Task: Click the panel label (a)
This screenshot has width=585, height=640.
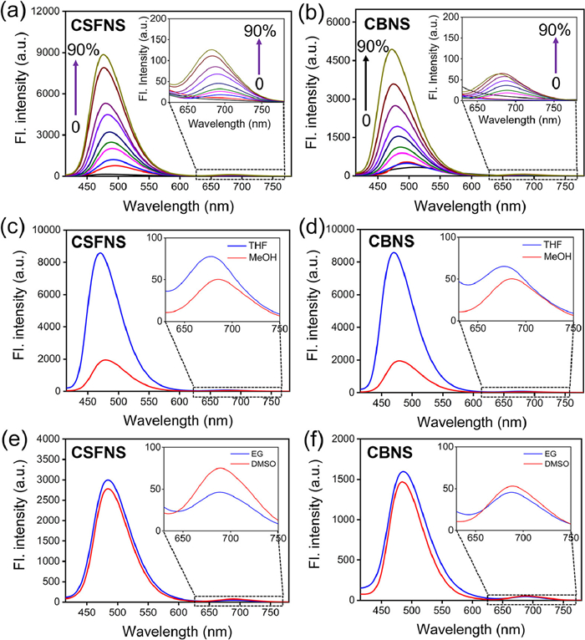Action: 17,12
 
